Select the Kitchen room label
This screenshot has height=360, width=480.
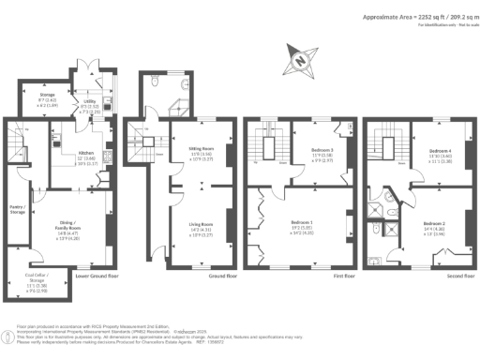[x=87, y=152]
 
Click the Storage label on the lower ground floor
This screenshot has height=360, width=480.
[x=46, y=96]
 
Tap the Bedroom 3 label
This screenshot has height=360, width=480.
[x=311, y=149]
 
